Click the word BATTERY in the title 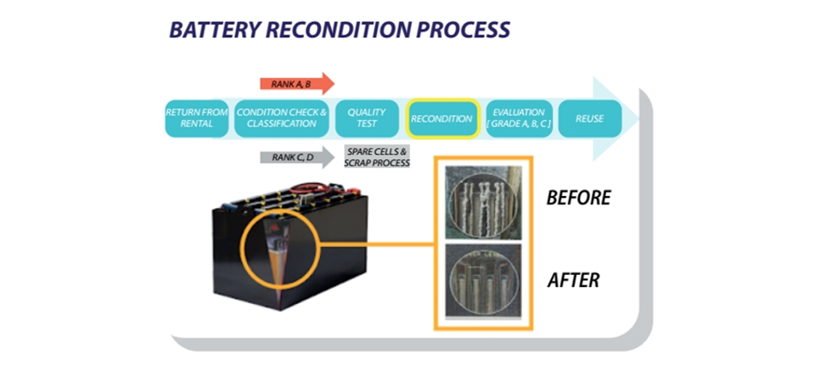211,30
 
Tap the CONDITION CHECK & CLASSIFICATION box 281,119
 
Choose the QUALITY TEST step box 367,119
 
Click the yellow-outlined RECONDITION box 441,119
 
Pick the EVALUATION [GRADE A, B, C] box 518,119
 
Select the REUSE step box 589,119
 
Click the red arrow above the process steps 297,83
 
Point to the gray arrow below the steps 298,156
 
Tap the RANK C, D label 289,156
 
